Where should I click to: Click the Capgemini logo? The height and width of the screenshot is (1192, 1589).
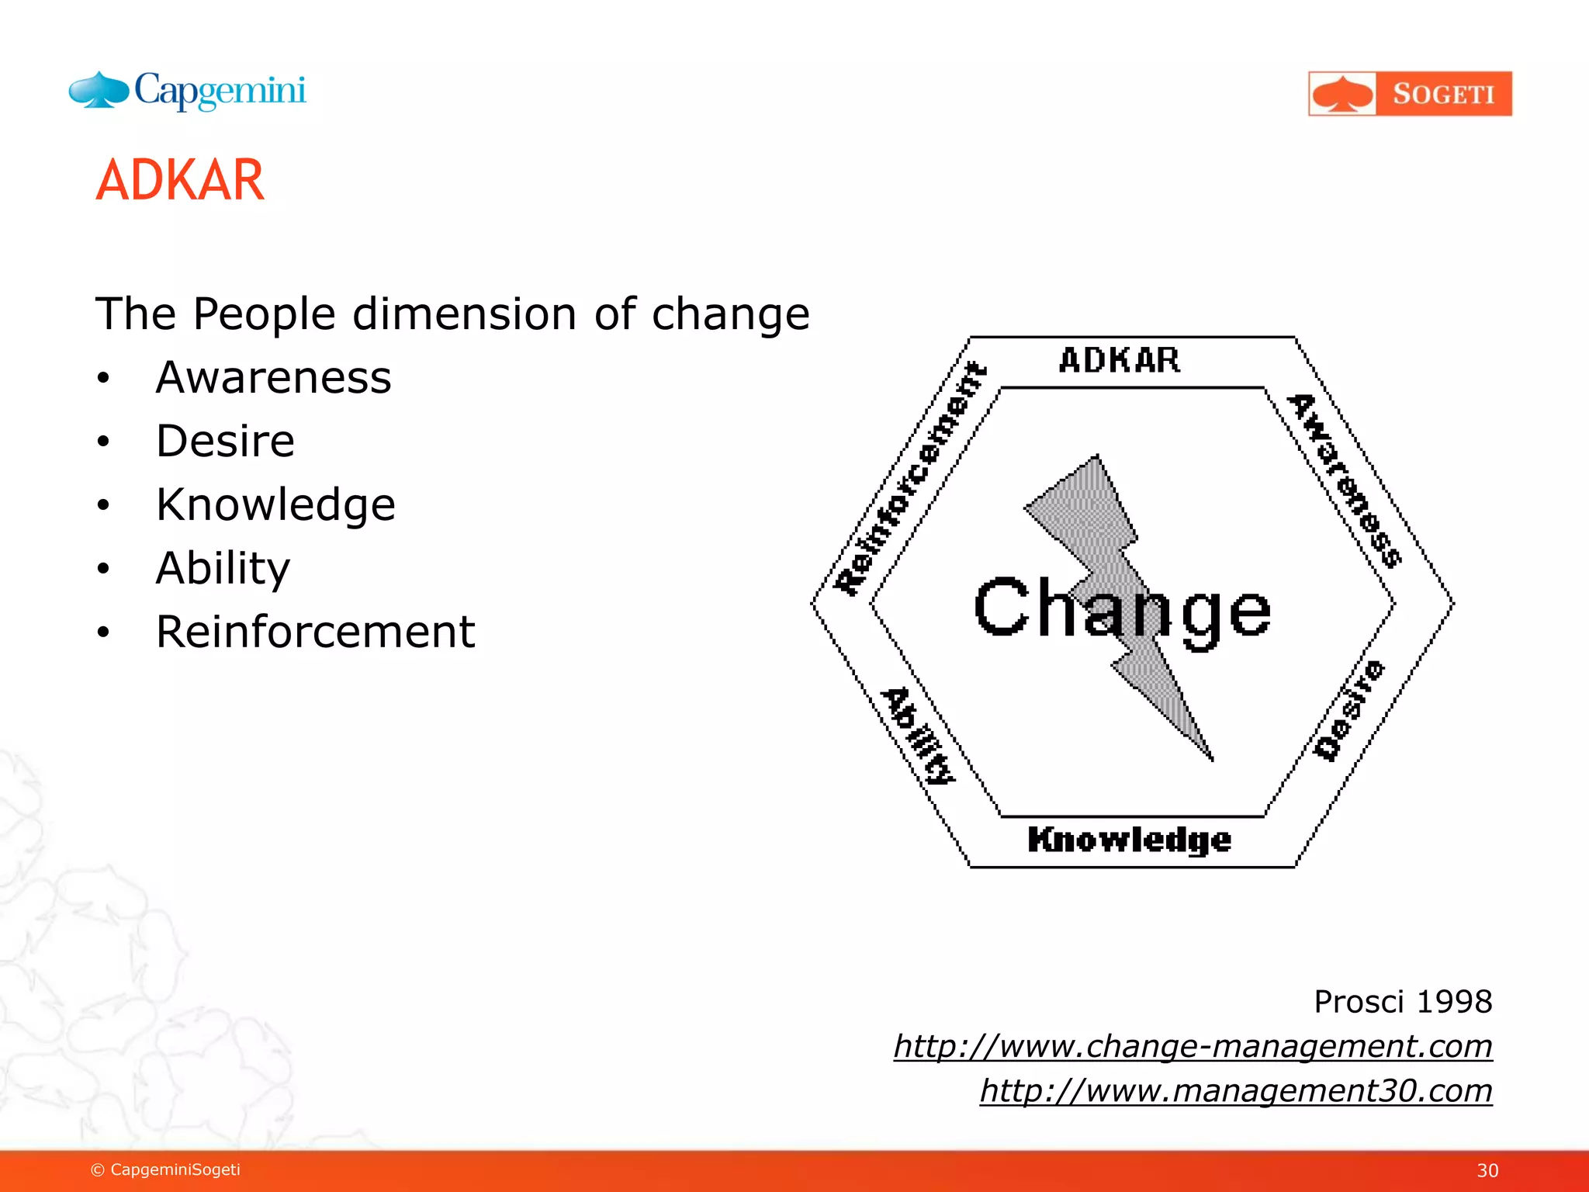pos(188,92)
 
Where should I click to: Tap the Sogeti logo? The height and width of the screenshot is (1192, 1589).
pos(1410,94)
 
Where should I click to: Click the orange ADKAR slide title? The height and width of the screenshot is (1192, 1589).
pos(180,180)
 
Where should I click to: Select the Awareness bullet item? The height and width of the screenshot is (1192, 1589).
pos(273,378)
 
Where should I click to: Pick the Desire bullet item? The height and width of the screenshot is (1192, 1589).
pos(225,442)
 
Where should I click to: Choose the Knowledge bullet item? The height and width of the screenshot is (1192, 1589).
pos(275,505)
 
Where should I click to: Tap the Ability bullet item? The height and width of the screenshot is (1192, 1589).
pos(223,568)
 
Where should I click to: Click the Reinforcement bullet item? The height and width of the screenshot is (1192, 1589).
pos(315,632)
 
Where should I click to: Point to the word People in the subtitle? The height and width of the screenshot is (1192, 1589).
pos(264,314)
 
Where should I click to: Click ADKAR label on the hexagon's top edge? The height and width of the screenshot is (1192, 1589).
pos(1120,361)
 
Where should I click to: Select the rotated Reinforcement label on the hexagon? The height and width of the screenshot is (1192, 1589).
pos(911,478)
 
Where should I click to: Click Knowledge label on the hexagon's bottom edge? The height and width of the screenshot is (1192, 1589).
pos(1129,840)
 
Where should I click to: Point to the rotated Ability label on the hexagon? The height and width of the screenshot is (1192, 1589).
pos(919,736)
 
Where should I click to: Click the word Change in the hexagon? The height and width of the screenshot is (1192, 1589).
pos(1122,609)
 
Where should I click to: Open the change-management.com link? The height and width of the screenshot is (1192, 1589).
pos(1193,1046)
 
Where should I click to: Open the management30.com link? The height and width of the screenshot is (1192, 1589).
pos(1235,1090)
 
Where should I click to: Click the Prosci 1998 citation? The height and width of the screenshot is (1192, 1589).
pos(1402,1002)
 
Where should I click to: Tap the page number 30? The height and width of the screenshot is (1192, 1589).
pos(1487,1170)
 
